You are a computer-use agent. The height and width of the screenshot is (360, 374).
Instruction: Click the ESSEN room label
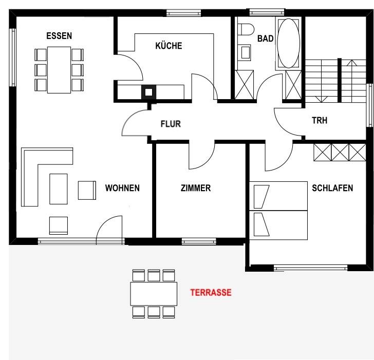point(59,36)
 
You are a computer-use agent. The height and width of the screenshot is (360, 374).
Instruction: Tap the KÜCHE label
point(169,46)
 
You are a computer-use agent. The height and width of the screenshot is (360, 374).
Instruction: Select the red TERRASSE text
point(211,293)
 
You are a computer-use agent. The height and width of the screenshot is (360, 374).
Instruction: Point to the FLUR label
point(171,124)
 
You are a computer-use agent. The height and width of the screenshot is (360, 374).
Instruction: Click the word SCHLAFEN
point(332,188)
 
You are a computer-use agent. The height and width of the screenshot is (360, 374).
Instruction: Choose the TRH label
point(320,120)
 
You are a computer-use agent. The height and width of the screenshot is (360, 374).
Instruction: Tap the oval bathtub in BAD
point(289,43)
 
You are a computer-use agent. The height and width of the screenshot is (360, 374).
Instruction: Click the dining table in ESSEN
point(59,70)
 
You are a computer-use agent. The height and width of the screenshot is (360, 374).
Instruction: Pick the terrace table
point(154,294)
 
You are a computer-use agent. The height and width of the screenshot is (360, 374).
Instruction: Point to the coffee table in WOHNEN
point(59,189)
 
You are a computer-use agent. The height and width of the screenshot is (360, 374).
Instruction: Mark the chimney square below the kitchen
point(149,92)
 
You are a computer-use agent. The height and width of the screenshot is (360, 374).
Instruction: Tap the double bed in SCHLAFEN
point(278,211)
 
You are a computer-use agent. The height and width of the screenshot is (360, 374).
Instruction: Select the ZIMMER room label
point(196,188)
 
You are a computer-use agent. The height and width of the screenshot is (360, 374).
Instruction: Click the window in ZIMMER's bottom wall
point(199,241)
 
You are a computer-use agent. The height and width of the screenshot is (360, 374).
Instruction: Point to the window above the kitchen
point(184,13)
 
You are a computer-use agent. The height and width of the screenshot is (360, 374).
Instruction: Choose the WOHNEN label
point(122,188)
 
